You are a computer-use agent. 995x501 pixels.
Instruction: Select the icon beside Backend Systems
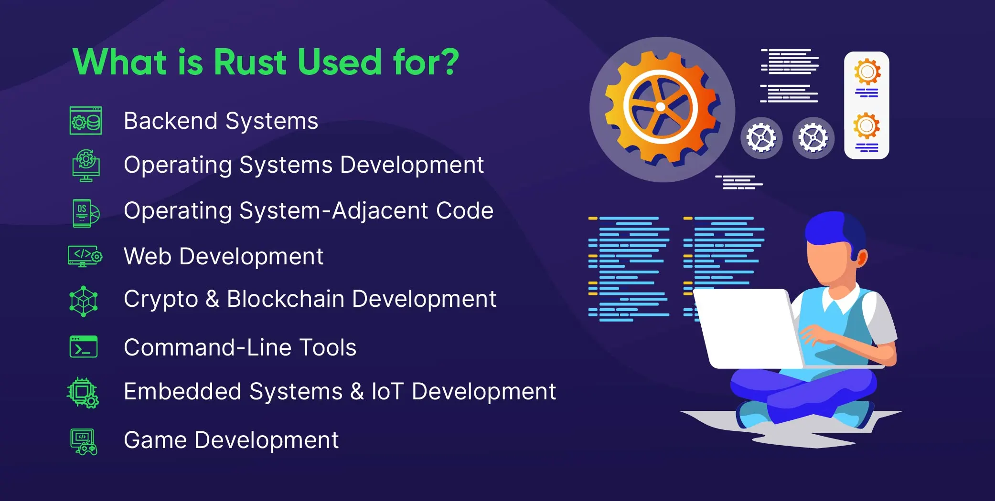click(x=86, y=121)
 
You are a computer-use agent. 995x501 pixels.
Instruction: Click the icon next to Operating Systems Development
click(x=86, y=166)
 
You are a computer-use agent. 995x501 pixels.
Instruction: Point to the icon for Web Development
click(x=85, y=256)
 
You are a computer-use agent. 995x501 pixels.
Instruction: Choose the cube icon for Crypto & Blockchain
click(x=84, y=301)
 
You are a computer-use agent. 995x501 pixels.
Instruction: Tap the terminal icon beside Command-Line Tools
click(x=84, y=346)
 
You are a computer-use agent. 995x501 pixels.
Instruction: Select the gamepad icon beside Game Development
click(x=84, y=442)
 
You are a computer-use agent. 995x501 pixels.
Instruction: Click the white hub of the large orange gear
click(x=661, y=107)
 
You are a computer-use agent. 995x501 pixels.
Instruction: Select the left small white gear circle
click(x=761, y=138)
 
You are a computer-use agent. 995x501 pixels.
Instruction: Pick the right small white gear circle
click(x=813, y=138)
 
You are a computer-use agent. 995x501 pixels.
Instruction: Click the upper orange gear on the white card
click(x=867, y=72)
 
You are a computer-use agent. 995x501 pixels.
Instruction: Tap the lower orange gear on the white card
click(x=867, y=126)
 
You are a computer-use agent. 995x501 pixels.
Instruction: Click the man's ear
click(x=862, y=259)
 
